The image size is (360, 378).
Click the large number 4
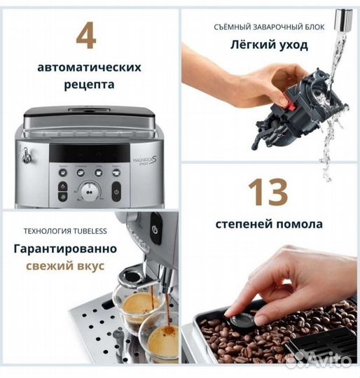point(85,34)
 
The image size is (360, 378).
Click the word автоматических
point(90,68)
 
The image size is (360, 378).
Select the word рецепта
point(90,85)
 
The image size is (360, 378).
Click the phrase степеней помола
point(268,225)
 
